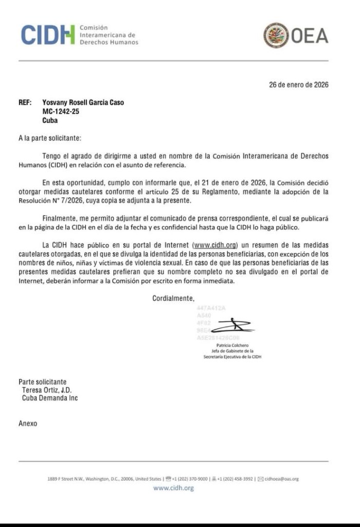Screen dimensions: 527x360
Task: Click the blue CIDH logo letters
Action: click(x=47, y=34)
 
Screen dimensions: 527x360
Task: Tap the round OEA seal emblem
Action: click(x=276, y=36)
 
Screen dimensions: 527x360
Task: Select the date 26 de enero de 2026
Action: click(x=298, y=85)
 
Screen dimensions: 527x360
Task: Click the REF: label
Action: click(x=25, y=102)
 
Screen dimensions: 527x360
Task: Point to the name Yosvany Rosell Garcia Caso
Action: click(x=83, y=102)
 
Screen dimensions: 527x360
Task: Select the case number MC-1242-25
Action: click(x=61, y=112)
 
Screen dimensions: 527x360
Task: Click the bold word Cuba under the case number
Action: click(x=50, y=121)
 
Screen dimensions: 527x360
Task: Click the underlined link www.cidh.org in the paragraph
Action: click(x=214, y=244)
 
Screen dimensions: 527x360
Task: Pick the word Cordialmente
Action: click(x=173, y=298)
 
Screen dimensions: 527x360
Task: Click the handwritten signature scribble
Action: click(x=232, y=326)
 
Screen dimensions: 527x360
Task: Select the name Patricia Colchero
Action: click(x=232, y=345)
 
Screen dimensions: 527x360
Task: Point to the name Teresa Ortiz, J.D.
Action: click(x=47, y=390)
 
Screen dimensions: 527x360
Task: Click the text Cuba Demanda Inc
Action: click(x=50, y=398)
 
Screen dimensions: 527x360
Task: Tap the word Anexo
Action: click(x=28, y=424)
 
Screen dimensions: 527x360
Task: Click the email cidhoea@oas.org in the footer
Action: click(x=281, y=479)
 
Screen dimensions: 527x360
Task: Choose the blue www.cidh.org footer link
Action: click(x=173, y=488)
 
